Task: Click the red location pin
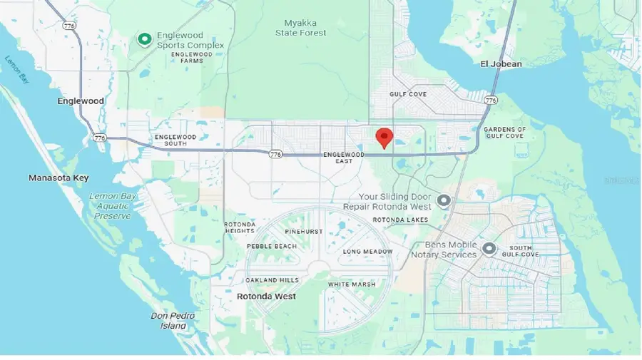point(384,136)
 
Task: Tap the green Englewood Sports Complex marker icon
point(145,38)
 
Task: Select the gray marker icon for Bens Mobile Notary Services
point(489,249)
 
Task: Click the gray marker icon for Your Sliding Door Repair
point(444,201)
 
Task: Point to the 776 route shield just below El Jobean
point(489,101)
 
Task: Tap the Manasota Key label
point(58,178)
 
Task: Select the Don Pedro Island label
point(169,321)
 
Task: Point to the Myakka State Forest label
point(301,27)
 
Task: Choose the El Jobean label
point(501,64)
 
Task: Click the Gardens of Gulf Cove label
point(504,133)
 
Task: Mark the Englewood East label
point(343,158)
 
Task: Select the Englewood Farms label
point(192,57)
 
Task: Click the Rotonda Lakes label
point(399,220)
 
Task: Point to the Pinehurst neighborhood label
point(303,232)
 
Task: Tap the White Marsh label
point(352,284)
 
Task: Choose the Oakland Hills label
point(273,280)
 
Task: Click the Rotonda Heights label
point(239,227)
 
